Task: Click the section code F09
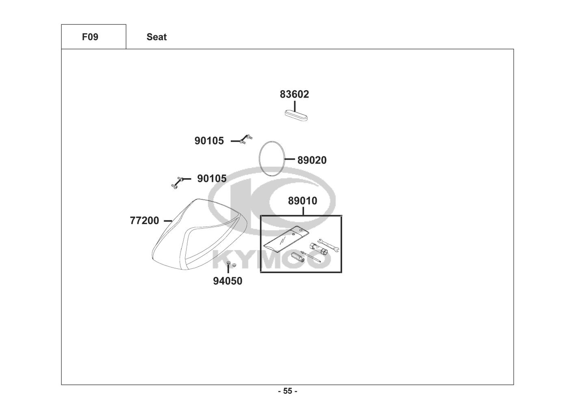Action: pyautogui.click(x=90, y=37)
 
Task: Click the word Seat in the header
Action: pyautogui.click(x=156, y=37)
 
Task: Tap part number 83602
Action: pyautogui.click(x=294, y=94)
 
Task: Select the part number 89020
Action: pyautogui.click(x=312, y=160)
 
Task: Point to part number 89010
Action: pyautogui.click(x=303, y=201)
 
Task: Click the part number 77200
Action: pyautogui.click(x=144, y=221)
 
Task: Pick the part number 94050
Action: pyautogui.click(x=228, y=281)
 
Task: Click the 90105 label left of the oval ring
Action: pyautogui.click(x=209, y=141)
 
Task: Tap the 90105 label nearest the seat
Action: pyautogui.click(x=212, y=179)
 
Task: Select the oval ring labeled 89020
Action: pyautogui.click(x=271, y=158)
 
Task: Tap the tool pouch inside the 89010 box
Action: pyautogui.click(x=286, y=240)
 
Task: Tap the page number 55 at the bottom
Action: pyautogui.click(x=287, y=391)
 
